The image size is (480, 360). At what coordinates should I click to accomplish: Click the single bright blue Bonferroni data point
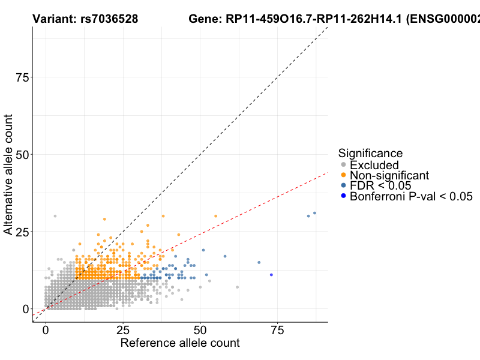click(x=271, y=275)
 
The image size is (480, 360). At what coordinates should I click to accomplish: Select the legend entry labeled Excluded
click(x=374, y=165)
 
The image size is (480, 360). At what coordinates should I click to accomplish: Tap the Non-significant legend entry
click(x=389, y=175)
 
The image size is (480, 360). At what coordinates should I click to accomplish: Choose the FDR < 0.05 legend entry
click(x=380, y=185)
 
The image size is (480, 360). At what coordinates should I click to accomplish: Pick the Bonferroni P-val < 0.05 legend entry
click(x=411, y=196)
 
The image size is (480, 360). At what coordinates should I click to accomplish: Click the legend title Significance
click(x=370, y=153)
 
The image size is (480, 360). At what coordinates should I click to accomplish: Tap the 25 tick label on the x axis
click(x=123, y=331)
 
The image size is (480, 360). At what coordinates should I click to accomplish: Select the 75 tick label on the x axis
click(x=277, y=331)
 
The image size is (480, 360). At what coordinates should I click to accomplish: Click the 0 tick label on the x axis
click(x=46, y=331)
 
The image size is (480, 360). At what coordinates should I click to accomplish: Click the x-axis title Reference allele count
click(x=180, y=343)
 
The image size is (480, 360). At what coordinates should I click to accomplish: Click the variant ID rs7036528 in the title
click(x=109, y=19)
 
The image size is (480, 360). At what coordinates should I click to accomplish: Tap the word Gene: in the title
click(x=205, y=19)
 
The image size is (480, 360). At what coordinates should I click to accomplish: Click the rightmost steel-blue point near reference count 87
click(x=314, y=213)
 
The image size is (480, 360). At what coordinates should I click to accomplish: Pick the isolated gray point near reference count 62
click(x=238, y=287)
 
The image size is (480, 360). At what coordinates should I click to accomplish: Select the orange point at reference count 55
click(x=215, y=216)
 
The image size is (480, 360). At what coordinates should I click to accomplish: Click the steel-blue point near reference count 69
click(x=259, y=262)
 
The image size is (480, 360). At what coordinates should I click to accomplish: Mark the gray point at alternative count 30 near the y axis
click(x=55, y=216)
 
